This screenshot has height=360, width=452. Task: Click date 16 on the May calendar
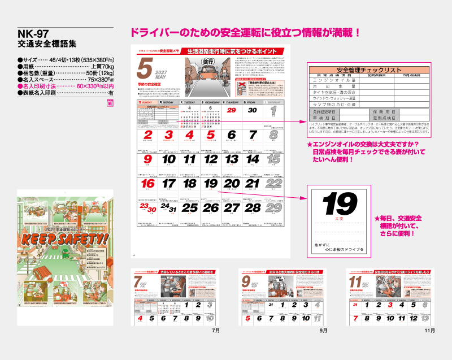(147, 184)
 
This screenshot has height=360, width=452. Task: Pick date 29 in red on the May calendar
(231, 110)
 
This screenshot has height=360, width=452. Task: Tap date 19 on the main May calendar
(210, 184)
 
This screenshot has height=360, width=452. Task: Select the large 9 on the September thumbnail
(246, 281)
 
